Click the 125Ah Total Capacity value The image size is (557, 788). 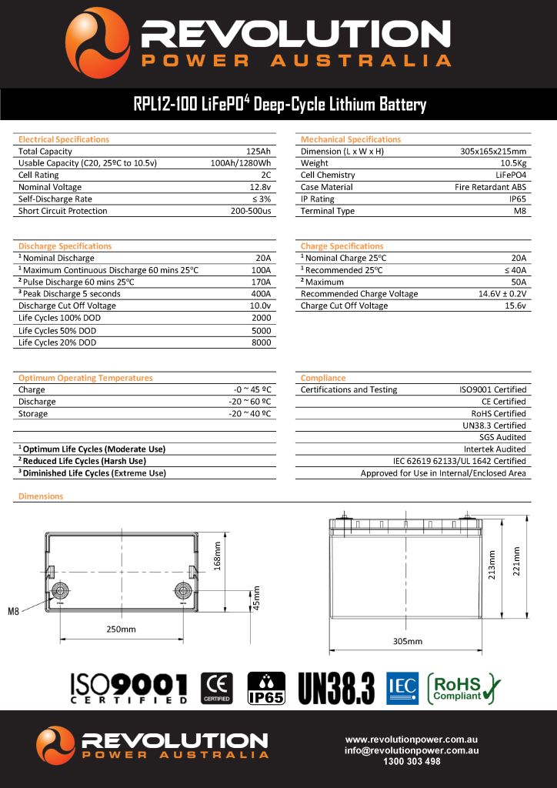click(x=258, y=152)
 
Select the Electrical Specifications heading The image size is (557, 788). click(x=64, y=139)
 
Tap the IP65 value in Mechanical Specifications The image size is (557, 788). click(x=516, y=199)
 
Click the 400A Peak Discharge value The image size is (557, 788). click(x=261, y=293)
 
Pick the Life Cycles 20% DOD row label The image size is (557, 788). click(x=58, y=342)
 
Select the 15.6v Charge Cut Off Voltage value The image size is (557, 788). click(x=515, y=306)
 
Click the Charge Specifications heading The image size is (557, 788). click(x=342, y=246)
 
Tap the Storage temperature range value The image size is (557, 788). click(x=250, y=413)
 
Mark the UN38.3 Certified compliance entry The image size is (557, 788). click(x=494, y=425)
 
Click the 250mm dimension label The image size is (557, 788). click(x=121, y=629)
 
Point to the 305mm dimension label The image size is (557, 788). click(x=408, y=640)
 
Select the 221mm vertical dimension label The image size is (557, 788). click(x=517, y=560)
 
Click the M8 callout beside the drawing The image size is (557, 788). click(x=13, y=612)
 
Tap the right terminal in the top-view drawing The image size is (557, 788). click(x=182, y=591)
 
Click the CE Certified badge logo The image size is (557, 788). click(x=216, y=687)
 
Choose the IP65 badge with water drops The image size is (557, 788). click(x=265, y=687)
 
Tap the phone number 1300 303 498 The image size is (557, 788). click(x=412, y=761)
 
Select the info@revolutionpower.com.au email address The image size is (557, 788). click(x=412, y=750)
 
